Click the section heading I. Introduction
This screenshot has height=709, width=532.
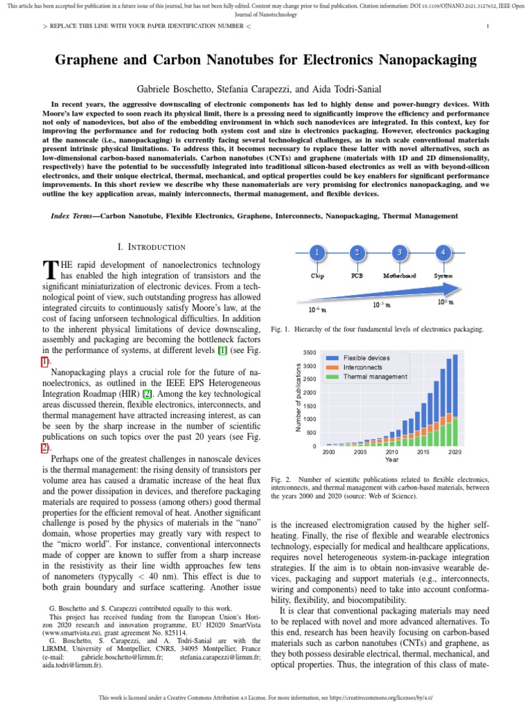click(x=152, y=247)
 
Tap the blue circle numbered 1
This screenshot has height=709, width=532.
click(x=317, y=253)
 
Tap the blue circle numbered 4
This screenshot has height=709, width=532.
click(x=443, y=253)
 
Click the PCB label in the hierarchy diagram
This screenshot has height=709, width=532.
click(x=357, y=276)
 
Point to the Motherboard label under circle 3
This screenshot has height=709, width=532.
click(x=400, y=276)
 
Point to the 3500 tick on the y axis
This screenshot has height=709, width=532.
click(x=309, y=353)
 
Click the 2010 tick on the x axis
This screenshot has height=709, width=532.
click(x=392, y=451)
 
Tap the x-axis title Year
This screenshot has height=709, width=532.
click(x=391, y=459)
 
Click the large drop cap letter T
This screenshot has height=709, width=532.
click(x=48, y=269)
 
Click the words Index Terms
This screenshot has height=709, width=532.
click(x=71, y=216)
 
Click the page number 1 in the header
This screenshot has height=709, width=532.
click(x=488, y=26)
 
